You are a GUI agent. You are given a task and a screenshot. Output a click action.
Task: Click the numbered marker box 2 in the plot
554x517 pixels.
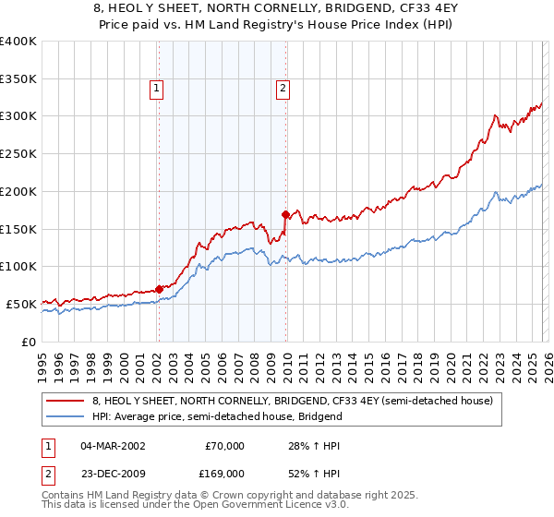[x=282, y=89]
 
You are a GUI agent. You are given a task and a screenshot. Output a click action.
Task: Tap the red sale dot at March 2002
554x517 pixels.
[x=159, y=289]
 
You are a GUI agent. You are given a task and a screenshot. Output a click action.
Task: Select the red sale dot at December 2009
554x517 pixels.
[x=286, y=214]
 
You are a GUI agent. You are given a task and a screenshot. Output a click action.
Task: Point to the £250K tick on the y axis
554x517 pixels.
[x=19, y=153]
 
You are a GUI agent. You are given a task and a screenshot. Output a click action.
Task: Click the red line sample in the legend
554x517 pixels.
[x=66, y=401]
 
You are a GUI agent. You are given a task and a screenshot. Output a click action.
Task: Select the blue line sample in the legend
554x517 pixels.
[x=66, y=416]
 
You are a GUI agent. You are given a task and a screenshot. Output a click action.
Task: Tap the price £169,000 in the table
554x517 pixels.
[x=224, y=473]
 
